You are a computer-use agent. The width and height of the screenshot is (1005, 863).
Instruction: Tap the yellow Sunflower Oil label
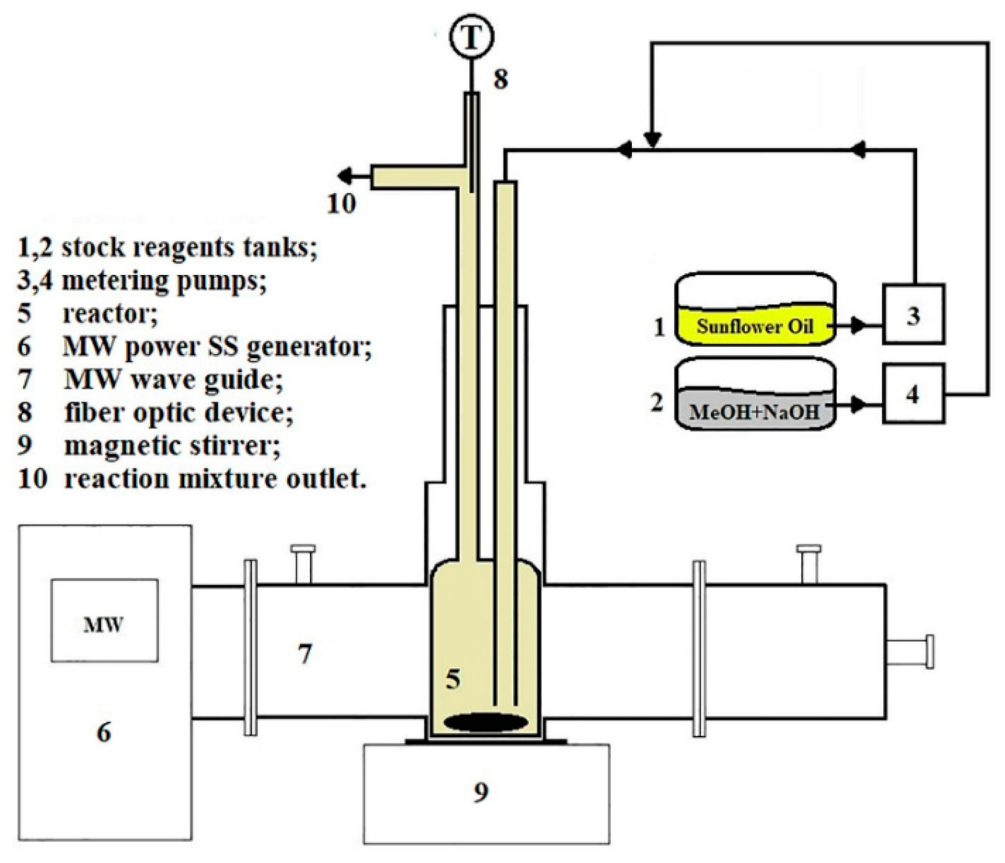(755, 326)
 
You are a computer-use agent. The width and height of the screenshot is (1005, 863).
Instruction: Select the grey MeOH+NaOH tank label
(755, 412)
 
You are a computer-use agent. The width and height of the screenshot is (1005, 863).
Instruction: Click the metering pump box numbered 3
(913, 314)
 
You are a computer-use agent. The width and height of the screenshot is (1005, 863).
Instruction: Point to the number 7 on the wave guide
(305, 653)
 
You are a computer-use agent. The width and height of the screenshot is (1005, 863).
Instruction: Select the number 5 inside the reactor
(453, 678)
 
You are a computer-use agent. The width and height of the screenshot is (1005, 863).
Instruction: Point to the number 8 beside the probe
(500, 79)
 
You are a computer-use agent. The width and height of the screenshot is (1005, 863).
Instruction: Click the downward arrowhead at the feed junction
(653, 140)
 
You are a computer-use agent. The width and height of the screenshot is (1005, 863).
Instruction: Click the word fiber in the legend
(96, 413)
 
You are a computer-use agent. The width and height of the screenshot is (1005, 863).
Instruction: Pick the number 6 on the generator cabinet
(104, 733)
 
